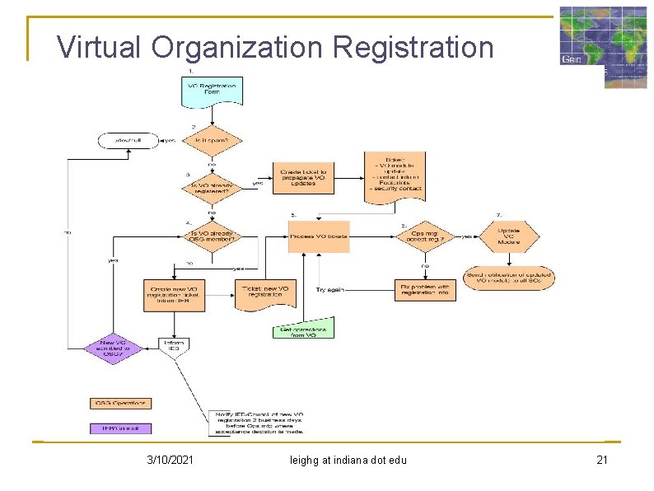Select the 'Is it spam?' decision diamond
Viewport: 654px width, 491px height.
(x=212, y=140)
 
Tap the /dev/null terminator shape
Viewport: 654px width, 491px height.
(x=128, y=140)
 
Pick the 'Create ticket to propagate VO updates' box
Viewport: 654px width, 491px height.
(x=304, y=177)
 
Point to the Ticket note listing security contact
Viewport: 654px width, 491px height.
(x=395, y=175)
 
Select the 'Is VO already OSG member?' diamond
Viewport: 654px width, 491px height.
(x=212, y=236)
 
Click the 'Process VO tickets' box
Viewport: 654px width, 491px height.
(x=318, y=236)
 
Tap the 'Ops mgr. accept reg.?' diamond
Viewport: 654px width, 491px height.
(x=428, y=236)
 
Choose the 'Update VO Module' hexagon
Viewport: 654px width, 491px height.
(x=508, y=236)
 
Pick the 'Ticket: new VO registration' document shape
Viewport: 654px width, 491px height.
(x=265, y=293)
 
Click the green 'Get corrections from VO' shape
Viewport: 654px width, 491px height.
(x=304, y=330)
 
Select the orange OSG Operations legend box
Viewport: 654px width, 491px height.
(x=120, y=403)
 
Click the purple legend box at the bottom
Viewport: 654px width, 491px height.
(x=120, y=428)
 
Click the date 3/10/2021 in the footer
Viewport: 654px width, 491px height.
(x=171, y=460)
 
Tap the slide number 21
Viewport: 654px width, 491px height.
(x=601, y=460)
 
